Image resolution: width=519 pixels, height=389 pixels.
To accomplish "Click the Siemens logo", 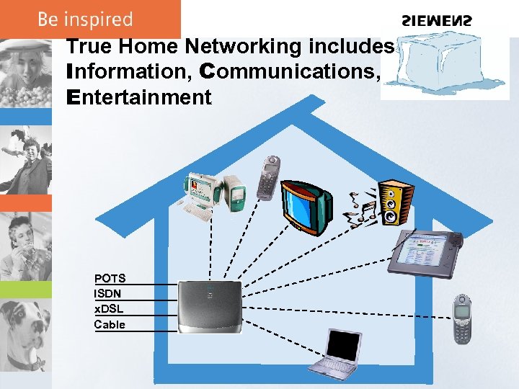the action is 438,21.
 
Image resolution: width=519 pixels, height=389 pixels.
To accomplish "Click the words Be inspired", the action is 86,19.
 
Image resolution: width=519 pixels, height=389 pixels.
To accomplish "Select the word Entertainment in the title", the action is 138,97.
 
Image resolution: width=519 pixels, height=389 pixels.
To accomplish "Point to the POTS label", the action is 110,278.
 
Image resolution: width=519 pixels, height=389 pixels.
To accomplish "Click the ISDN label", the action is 107,293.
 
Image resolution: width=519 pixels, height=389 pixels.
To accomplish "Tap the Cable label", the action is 110,324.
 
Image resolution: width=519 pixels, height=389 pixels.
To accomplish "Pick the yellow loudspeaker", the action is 394,204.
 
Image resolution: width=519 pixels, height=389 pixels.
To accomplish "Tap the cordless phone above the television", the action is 269,179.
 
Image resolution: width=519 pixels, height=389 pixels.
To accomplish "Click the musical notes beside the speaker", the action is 358,209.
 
